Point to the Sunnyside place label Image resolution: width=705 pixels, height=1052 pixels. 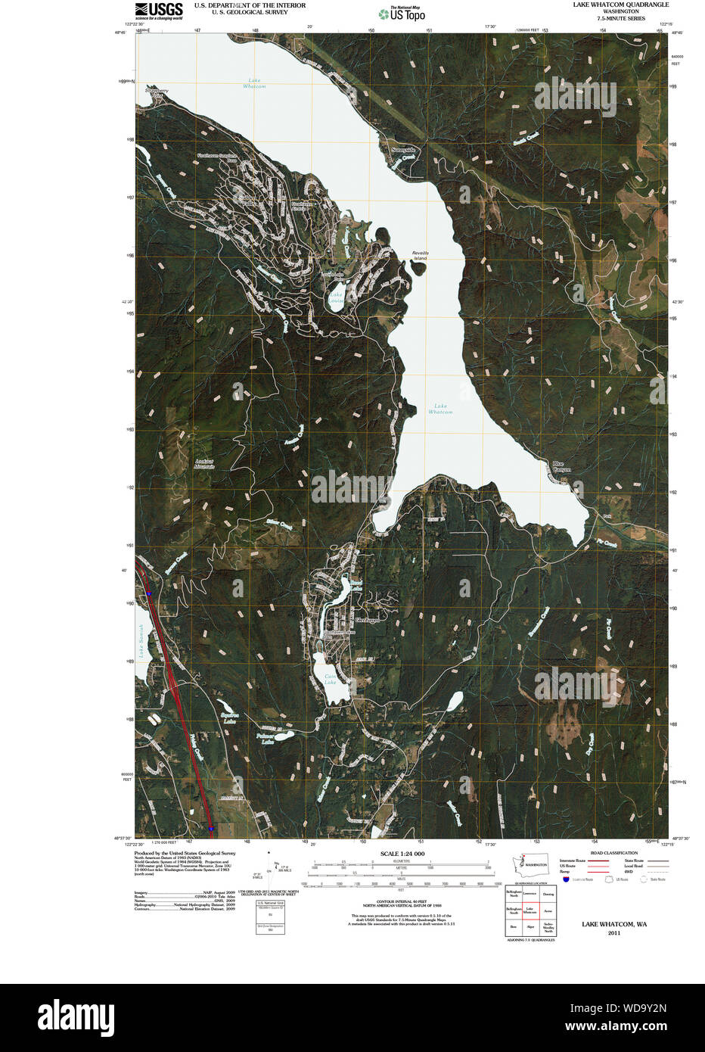(403, 150)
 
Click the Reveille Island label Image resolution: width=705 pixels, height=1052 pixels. (420, 255)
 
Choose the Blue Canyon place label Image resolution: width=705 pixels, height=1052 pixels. (561, 466)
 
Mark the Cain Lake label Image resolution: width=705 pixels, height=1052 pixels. (330, 679)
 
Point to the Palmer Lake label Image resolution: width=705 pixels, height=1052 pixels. (264, 739)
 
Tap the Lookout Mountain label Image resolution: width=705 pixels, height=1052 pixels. (204, 463)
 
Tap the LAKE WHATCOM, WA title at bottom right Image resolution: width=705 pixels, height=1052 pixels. (613, 924)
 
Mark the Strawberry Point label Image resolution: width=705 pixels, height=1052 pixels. (157, 92)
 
